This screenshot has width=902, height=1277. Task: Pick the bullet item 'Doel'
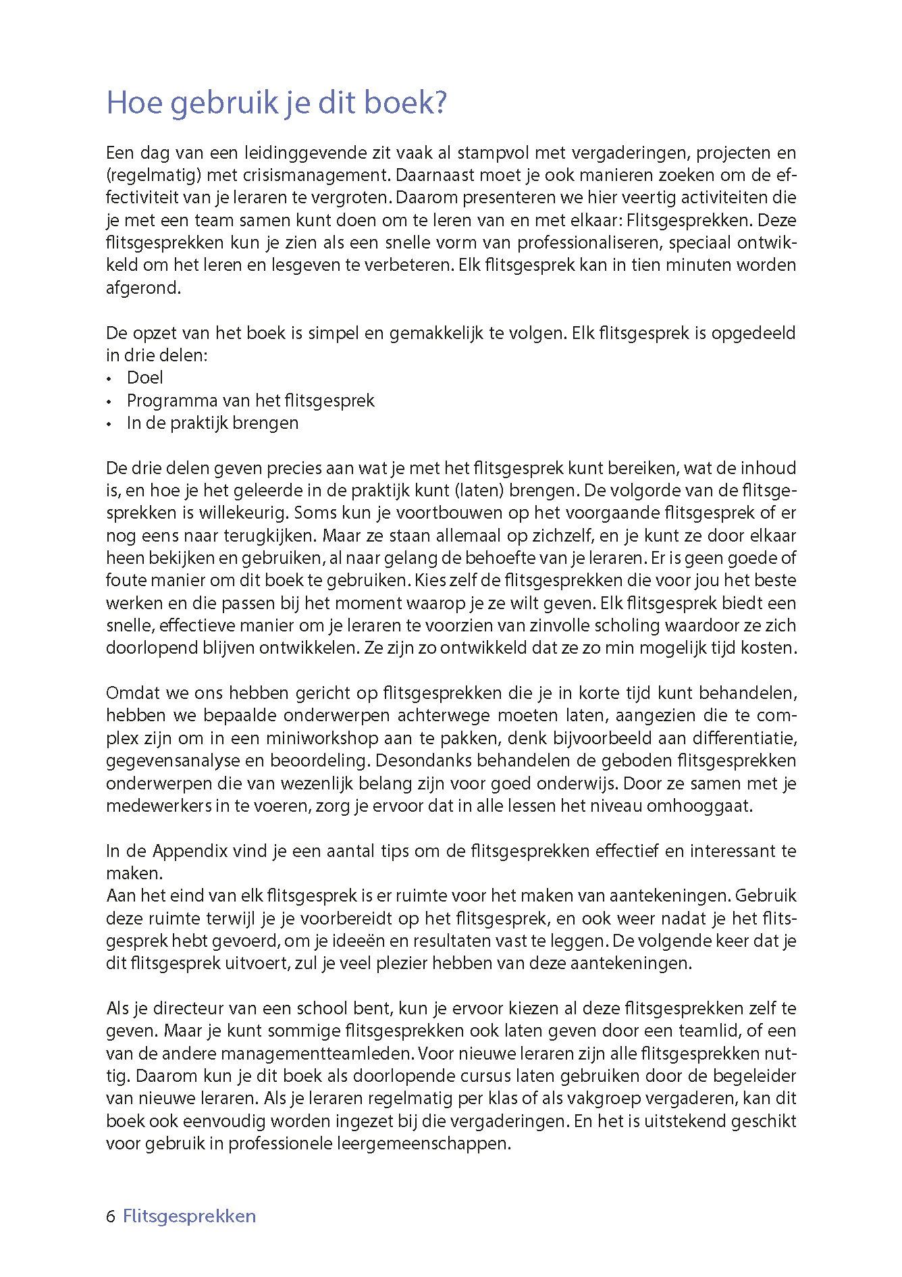[x=145, y=378]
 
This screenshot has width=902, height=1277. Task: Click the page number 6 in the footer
[x=111, y=1216]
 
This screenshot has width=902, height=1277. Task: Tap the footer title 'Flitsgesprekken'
[x=190, y=1216]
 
